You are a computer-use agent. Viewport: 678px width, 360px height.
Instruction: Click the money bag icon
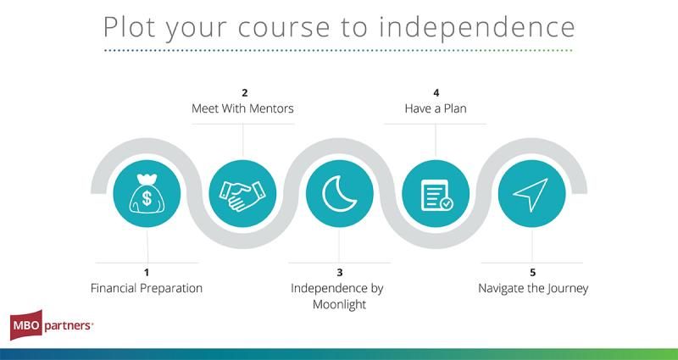point(147,194)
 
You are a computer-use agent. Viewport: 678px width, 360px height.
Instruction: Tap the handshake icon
point(242,196)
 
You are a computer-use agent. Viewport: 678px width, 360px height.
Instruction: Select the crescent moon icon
point(339,195)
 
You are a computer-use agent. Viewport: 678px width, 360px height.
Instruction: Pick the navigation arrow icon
point(531,195)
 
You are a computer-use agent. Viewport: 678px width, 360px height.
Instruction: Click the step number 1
point(147,272)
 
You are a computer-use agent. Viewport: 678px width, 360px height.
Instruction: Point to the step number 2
point(245,92)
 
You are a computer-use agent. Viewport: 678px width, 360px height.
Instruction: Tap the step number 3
point(340,272)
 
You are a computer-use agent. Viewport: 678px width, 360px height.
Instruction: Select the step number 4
point(436,92)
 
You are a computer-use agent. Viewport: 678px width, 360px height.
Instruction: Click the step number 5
point(533,272)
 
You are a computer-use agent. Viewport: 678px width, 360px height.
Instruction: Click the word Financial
point(114,288)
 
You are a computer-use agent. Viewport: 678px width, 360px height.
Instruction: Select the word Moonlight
point(340,305)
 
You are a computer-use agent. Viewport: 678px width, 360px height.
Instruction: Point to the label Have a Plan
point(436,108)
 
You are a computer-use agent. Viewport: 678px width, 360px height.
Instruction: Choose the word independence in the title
point(477,27)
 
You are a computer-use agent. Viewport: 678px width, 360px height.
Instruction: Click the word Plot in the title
point(130,27)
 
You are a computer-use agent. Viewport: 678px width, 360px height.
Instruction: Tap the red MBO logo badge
point(26,325)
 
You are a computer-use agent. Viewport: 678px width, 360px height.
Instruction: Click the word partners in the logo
point(68,326)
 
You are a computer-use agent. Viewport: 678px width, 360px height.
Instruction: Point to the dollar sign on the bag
point(147,198)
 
